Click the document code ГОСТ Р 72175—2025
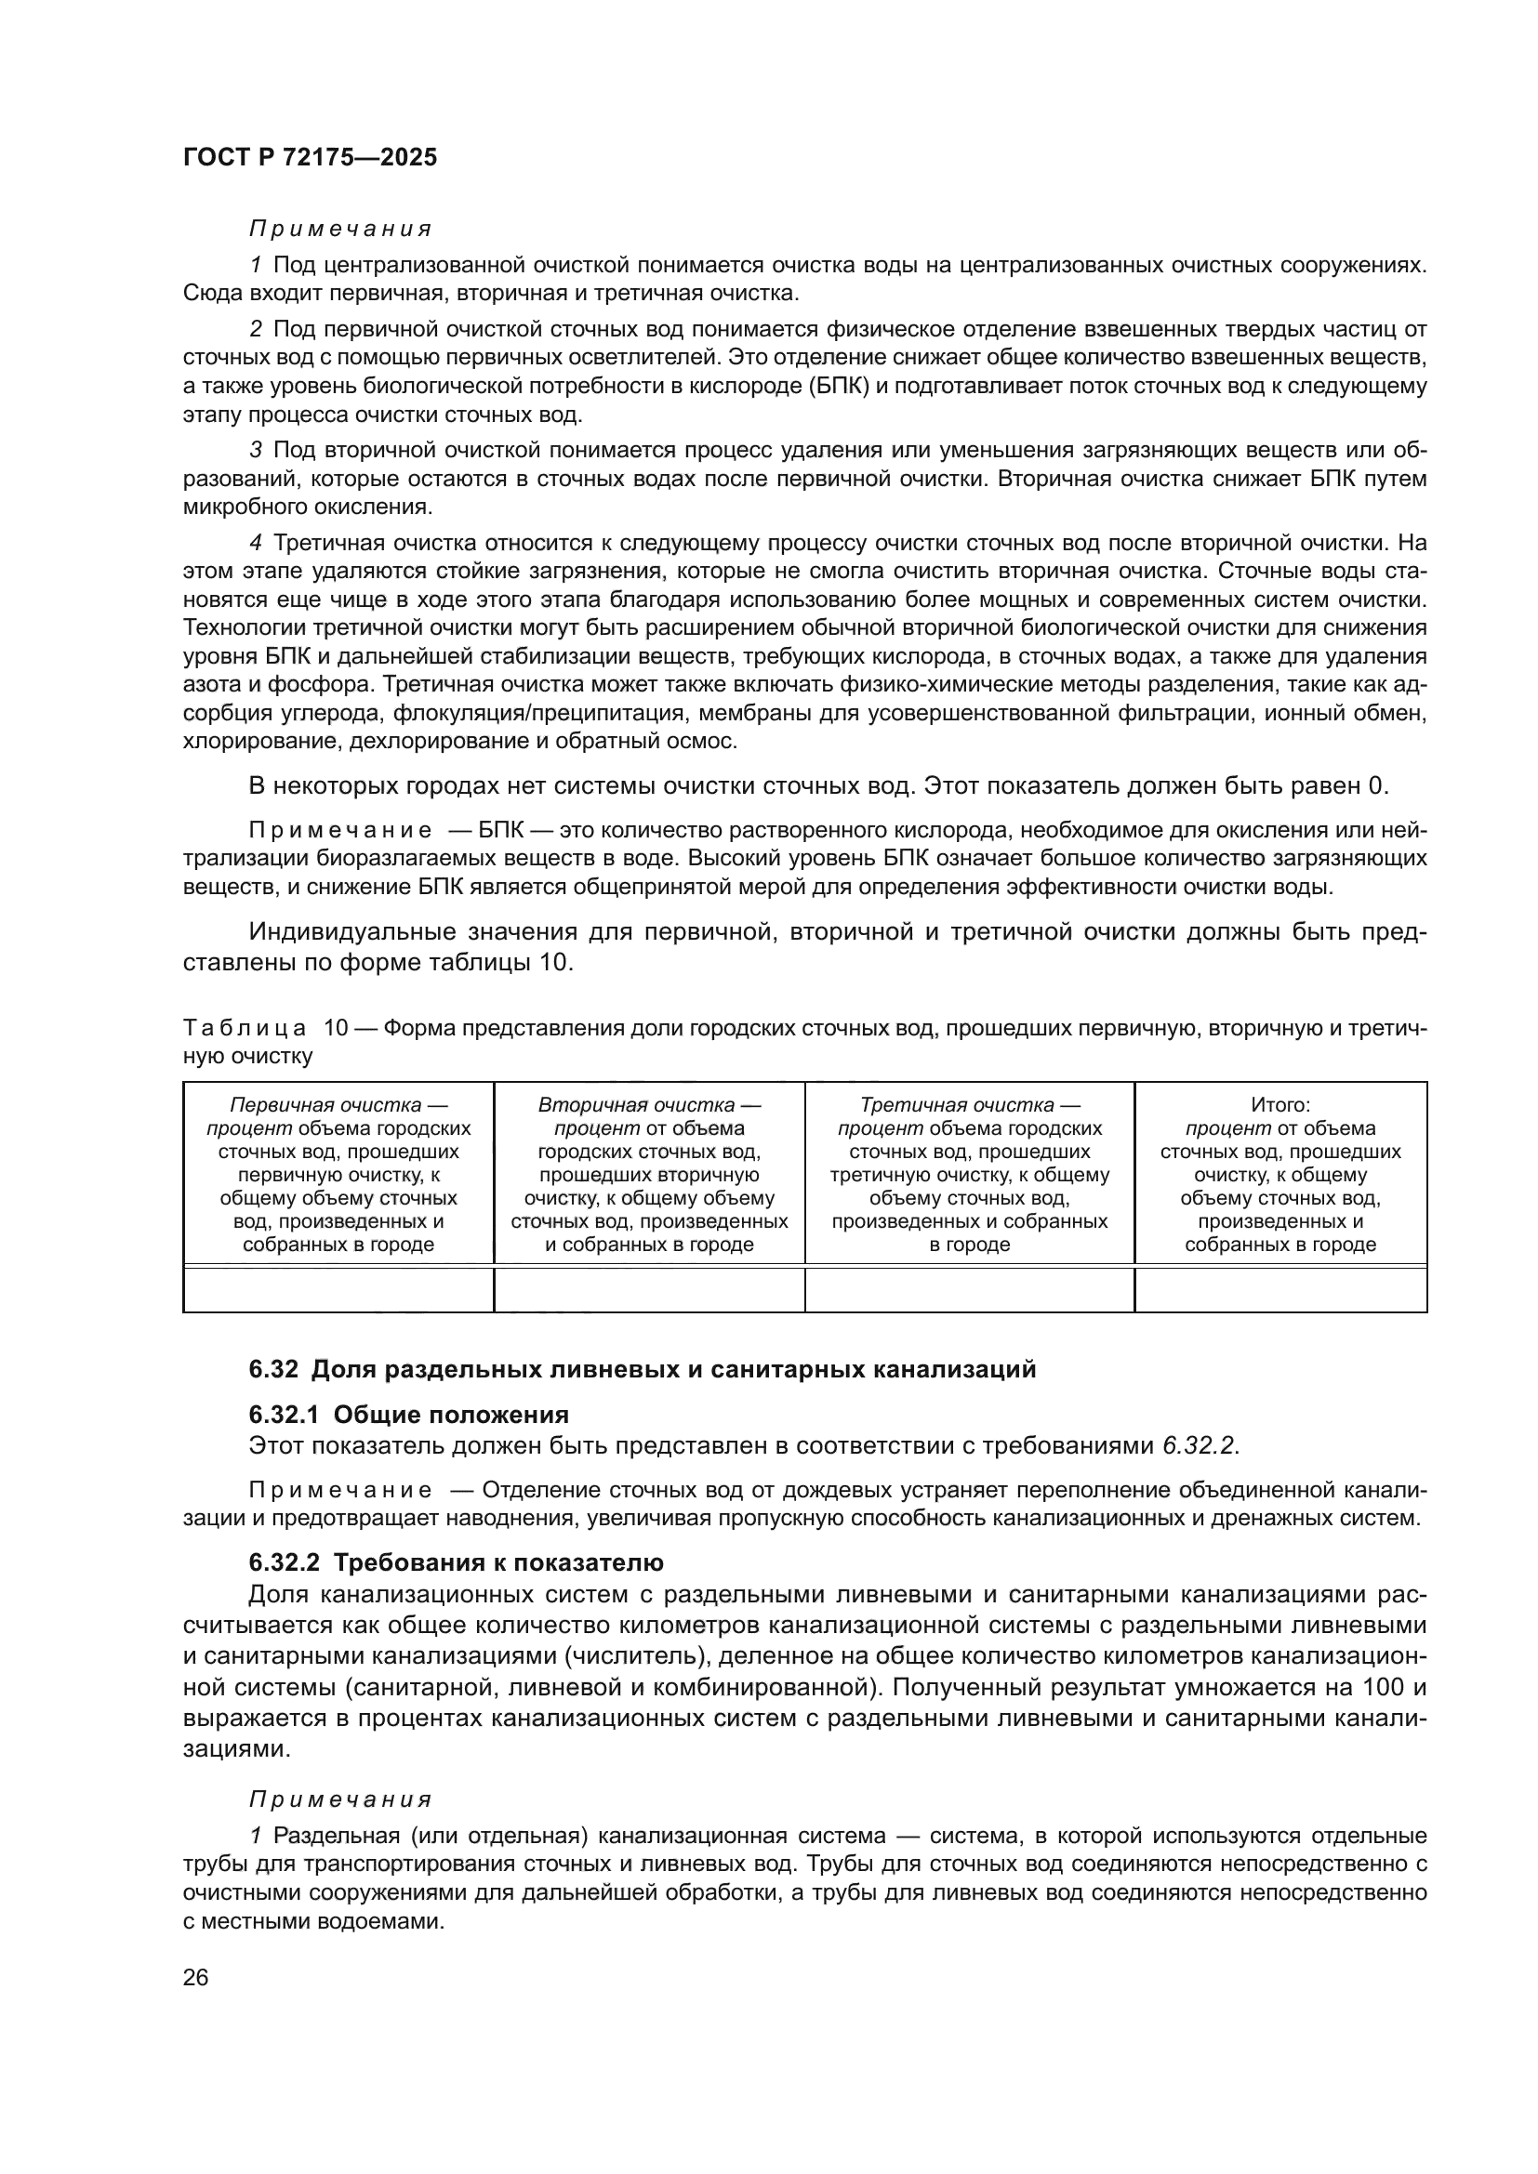(x=310, y=158)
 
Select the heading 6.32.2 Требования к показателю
(x=456, y=1561)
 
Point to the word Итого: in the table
(x=1280, y=1105)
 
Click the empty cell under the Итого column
(x=1280, y=1290)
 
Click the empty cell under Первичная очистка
(x=338, y=1290)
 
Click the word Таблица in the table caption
(x=245, y=1028)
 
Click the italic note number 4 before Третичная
(x=255, y=544)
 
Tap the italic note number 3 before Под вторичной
(x=255, y=451)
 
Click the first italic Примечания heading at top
(x=340, y=230)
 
